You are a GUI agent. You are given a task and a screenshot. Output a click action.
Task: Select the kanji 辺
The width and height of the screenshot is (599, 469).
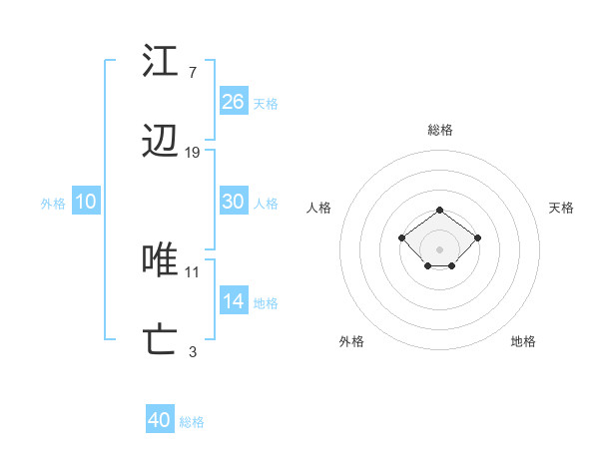tap(160, 143)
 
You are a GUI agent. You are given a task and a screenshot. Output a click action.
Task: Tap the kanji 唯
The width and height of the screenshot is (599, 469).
tap(160, 260)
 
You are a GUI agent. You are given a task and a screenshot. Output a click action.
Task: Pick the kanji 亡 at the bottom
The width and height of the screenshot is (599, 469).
tap(160, 340)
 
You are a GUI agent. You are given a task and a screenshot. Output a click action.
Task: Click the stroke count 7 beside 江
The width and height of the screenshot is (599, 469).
tap(192, 72)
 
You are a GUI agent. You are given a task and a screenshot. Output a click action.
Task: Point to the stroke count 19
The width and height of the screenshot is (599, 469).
tap(193, 153)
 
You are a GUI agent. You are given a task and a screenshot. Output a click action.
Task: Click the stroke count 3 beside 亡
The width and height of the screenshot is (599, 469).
tap(192, 351)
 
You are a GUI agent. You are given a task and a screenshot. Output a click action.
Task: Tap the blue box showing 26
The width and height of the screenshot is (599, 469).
tap(234, 102)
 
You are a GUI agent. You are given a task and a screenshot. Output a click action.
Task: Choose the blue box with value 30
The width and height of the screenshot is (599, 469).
tap(234, 202)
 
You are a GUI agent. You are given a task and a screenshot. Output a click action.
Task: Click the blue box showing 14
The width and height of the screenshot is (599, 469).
tap(234, 301)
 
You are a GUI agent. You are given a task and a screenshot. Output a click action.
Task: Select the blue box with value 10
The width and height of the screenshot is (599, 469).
tap(86, 202)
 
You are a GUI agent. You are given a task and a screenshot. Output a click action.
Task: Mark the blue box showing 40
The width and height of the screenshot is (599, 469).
tap(160, 420)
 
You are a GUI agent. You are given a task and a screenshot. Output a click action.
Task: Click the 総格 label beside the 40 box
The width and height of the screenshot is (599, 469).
tap(192, 422)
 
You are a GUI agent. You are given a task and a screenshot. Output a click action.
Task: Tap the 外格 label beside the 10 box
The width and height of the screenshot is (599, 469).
tap(53, 204)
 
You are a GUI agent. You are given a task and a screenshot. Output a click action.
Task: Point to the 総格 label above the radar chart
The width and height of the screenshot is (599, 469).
tap(439, 130)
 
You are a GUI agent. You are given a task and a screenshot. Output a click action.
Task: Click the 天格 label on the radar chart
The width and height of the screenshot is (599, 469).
tap(562, 208)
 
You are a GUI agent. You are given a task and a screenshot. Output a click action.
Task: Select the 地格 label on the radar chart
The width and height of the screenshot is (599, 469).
tap(523, 341)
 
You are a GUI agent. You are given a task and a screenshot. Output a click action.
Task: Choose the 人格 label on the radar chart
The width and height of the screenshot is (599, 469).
tap(319, 208)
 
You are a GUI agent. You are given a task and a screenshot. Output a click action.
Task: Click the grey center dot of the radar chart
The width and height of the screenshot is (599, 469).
tap(439, 248)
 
